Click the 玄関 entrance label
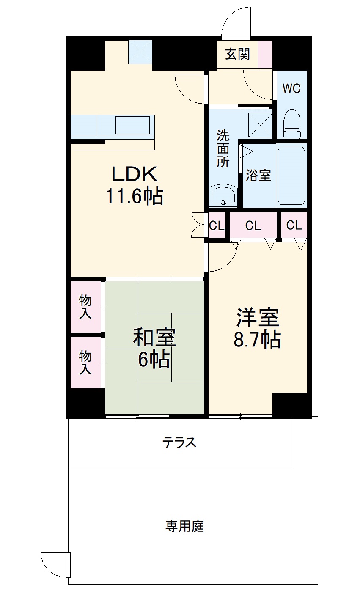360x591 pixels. point(237,54)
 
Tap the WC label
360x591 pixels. point(291,89)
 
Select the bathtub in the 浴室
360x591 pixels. point(291,176)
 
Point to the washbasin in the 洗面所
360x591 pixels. point(223,196)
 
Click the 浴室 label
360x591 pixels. point(258,176)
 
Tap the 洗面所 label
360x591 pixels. point(223,148)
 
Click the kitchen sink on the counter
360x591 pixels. point(132,125)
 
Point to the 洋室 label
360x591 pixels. point(257,318)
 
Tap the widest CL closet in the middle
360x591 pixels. point(253,226)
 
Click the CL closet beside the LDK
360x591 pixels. point(217,226)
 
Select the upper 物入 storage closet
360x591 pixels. point(86,307)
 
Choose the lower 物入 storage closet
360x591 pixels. point(86,363)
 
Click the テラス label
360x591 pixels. point(180,443)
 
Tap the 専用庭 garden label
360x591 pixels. point(184,527)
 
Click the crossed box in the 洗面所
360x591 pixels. point(261,125)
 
